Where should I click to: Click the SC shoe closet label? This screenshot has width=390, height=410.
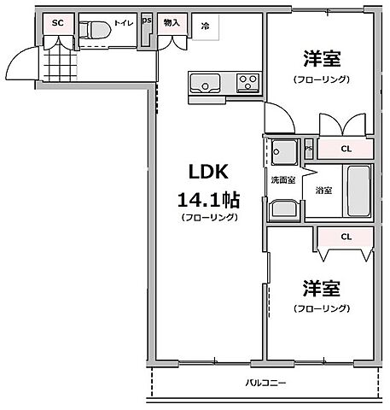(x=58, y=24)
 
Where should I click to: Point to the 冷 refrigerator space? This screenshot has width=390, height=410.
(x=205, y=26)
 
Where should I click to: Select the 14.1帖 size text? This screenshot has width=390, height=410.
(x=207, y=200)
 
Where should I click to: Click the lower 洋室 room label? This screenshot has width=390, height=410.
(x=318, y=288)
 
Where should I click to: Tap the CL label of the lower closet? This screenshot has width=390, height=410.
(x=346, y=237)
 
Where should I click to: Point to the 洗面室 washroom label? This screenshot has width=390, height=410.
(x=283, y=180)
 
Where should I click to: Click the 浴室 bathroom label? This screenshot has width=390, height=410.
(x=323, y=189)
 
